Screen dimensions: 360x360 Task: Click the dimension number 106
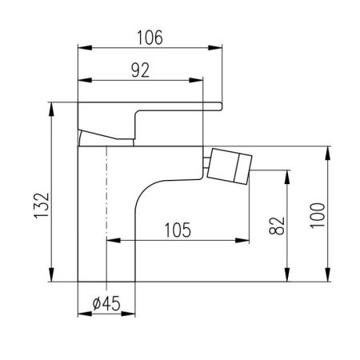click(x=150, y=37)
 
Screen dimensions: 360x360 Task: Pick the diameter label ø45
click(x=106, y=304)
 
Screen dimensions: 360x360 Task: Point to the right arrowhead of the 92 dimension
click(x=200, y=80)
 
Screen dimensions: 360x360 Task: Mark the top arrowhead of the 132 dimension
click(x=52, y=106)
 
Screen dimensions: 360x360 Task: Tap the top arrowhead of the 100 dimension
click(x=328, y=149)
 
